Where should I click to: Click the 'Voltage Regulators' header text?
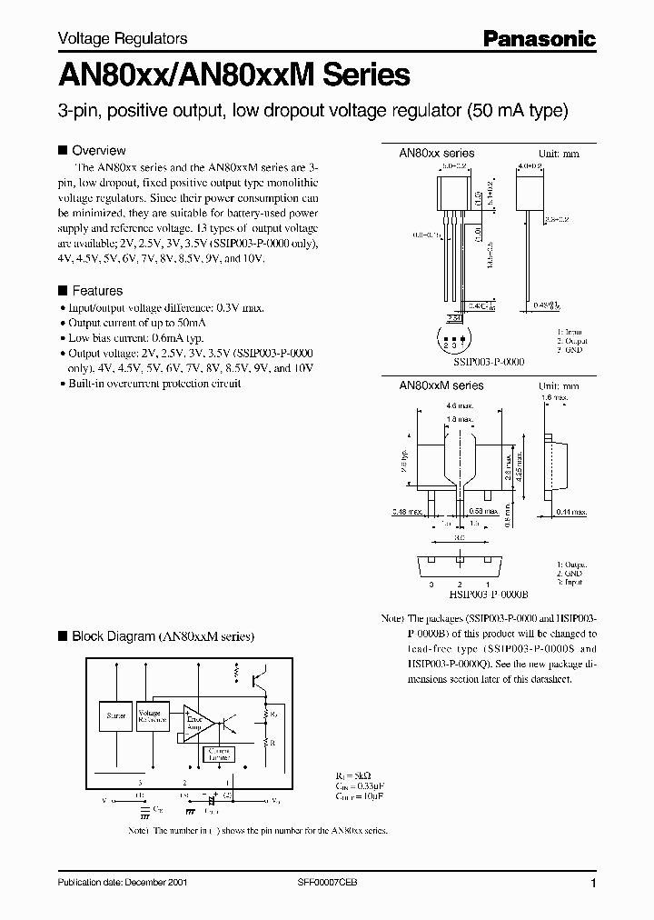point(123,38)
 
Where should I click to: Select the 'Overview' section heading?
point(98,150)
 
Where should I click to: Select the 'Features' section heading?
point(96,291)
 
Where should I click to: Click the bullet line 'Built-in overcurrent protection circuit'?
point(154,384)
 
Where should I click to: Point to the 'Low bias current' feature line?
point(135,337)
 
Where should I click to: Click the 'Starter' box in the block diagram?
point(116,716)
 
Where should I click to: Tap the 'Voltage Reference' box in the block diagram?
point(150,715)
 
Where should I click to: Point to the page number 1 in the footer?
point(593,884)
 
